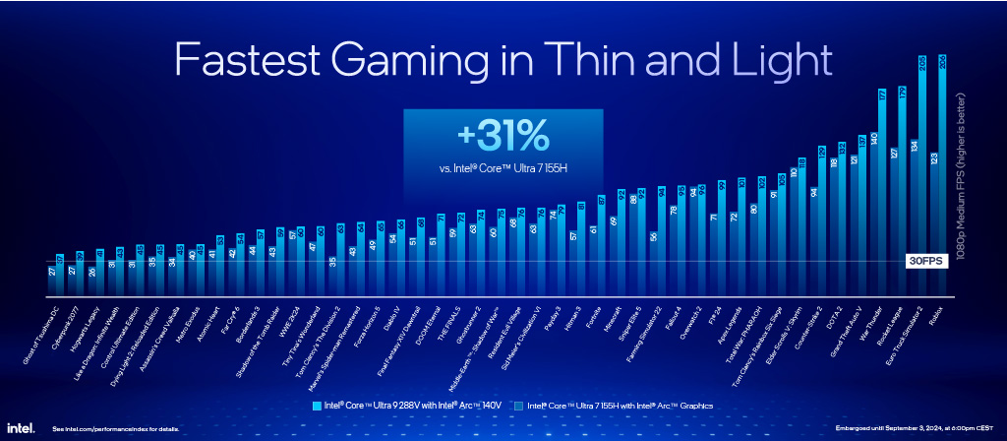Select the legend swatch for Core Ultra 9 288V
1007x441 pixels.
(317, 405)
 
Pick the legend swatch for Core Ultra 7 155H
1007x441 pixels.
(518, 405)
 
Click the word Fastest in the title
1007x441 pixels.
(246, 60)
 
